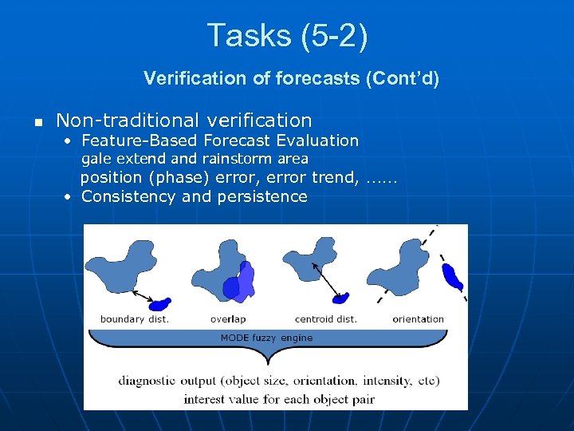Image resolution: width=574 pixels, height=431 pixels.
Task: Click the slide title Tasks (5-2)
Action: point(287,36)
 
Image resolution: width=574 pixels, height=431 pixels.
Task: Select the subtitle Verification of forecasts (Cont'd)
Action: point(291,78)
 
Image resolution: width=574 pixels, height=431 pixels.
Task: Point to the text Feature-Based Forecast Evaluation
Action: point(220,140)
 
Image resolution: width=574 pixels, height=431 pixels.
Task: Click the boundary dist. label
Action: point(135,319)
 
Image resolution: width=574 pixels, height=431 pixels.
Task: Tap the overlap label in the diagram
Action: point(228,319)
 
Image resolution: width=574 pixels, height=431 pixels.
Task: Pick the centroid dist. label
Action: point(325,319)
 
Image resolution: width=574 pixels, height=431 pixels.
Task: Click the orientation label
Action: point(418,319)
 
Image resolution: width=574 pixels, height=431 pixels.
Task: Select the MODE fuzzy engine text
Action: point(266,338)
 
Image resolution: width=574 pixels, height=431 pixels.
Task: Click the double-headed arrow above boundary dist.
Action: point(143,295)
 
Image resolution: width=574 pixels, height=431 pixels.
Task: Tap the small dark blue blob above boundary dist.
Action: point(160,303)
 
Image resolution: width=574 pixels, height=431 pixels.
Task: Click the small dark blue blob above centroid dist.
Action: point(341,299)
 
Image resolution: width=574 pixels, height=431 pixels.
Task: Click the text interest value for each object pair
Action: point(279,398)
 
